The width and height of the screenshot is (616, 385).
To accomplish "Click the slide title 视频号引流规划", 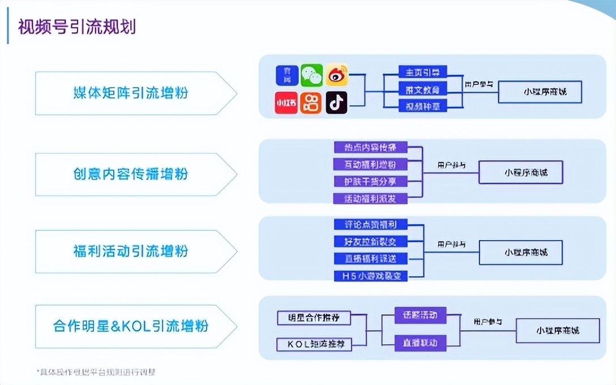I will click(x=77, y=27).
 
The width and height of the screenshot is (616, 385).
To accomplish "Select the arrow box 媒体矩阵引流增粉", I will click(x=131, y=93).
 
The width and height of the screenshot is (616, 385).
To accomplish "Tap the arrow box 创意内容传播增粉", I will click(x=131, y=174).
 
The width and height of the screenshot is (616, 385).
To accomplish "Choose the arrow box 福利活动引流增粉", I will click(x=131, y=251).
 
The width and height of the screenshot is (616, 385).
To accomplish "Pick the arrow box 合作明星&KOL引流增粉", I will click(x=131, y=326).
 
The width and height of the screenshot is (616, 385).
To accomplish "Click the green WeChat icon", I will click(x=311, y=75).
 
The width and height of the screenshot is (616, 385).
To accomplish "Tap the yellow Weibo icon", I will click(x=336, y=75).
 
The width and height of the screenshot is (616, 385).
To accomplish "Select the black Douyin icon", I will click(x=336, y=102).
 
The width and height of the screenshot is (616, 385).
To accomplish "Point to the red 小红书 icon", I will click(x=286, y=102).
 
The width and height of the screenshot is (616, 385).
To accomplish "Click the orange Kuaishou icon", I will click(x=311, y=102).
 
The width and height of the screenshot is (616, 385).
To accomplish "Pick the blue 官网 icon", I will click(x=286, y=75).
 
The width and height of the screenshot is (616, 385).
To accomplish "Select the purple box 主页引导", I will click(x=423, y=72).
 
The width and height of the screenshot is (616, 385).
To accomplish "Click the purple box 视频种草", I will click(x=423, y=105).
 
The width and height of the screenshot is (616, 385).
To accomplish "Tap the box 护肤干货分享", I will click(x=370, y=182).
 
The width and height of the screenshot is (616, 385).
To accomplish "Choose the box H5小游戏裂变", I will click(x=370, y=276).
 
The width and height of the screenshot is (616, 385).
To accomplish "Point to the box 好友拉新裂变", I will click(x=370, y=242).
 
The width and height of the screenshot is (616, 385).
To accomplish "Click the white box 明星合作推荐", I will click(x=314, y=317).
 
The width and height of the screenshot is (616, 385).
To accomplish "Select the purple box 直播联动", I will click(x=420, y=343).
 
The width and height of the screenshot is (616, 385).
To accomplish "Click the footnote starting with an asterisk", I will click(x=96, y=372).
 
